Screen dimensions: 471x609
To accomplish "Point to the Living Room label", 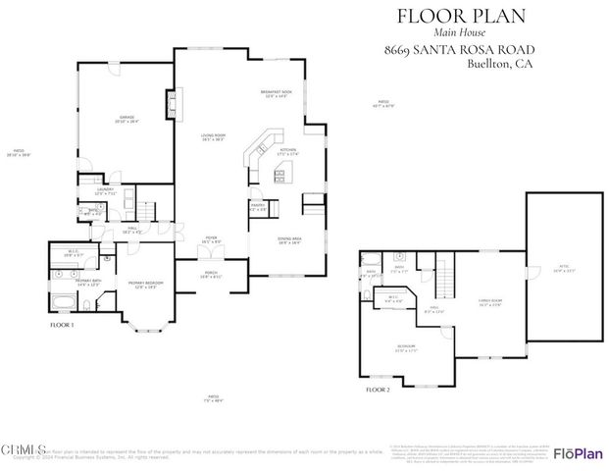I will tap(208, 138).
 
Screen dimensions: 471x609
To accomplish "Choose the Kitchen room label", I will tap(286, 152).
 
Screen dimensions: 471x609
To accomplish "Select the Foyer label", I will tap(210, 239).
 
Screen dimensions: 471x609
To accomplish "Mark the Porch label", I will tap(210, 275).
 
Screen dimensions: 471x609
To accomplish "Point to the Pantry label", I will tap(260, 208).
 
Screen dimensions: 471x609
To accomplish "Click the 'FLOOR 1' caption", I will tap(63, 325).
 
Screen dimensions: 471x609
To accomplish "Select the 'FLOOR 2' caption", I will tap(378, 391).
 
